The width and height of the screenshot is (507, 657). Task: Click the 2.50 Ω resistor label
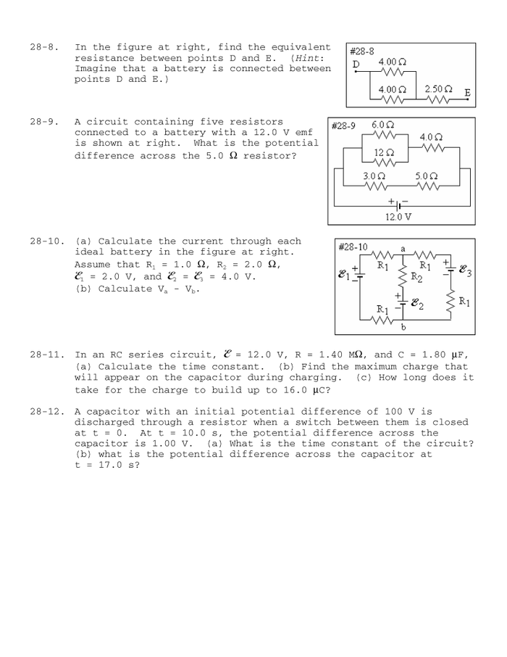[x=439, y=89]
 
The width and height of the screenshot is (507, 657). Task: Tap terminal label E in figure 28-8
[x=467, y=94]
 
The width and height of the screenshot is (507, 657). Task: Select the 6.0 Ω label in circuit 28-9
[x=383, y=125]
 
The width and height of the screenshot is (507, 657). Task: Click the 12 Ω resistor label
[x=384, y=152]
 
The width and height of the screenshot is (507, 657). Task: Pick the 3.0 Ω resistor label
[x=374, y=176]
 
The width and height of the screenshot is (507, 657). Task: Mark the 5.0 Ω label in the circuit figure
[x=427, y=176]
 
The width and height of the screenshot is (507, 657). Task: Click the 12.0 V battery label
[x=398, y=216]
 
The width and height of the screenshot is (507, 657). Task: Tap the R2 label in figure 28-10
[x=416, y=276]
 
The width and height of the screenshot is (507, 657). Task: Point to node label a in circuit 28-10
[x=403, y=249]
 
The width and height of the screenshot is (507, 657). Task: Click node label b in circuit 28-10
[x=403, y=327]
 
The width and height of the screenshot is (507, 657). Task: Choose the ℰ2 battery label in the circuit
[x=416, y=304]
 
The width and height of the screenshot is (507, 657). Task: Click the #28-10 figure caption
[x=353, y=247]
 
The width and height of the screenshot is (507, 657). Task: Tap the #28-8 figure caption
[x=362, y=51]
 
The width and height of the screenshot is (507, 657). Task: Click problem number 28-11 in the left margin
[x=48, y=355]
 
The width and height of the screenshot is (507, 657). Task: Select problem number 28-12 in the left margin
[x=48, y=412]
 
